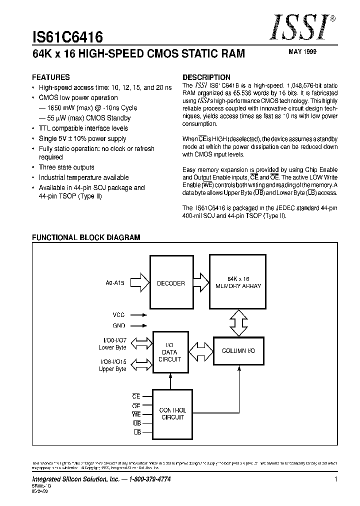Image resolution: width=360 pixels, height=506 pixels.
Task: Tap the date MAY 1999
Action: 302,51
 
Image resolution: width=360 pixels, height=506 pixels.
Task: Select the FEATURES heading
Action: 51,77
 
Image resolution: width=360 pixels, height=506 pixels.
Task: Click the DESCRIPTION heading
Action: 206,77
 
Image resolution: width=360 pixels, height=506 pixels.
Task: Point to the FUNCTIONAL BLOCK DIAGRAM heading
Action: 86,237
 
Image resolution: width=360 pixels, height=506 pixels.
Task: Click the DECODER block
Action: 170,283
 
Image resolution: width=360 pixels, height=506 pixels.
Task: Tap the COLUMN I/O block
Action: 238,351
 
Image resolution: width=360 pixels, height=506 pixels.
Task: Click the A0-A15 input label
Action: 114,283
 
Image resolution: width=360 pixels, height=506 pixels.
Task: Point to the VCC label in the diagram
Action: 118,315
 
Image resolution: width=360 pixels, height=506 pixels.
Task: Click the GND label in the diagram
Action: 118,325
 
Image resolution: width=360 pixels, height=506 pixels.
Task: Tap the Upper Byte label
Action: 112,369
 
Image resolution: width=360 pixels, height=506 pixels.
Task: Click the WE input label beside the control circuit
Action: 136,414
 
